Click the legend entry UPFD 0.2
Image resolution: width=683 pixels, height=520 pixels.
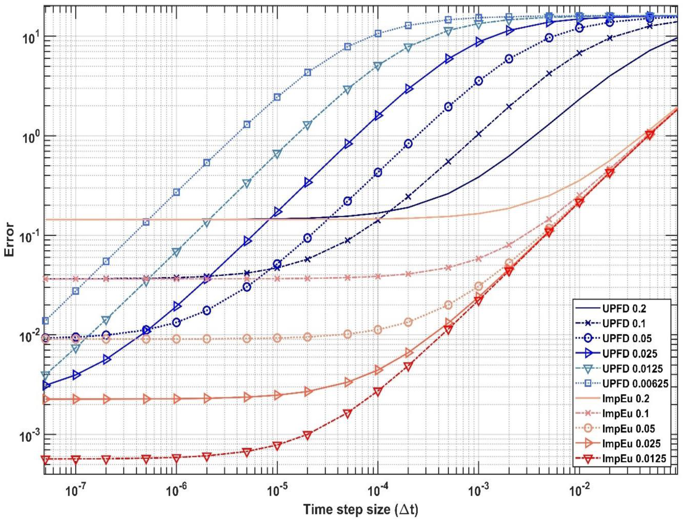click(624, 308)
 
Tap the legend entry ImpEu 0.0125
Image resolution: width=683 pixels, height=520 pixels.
click(634, 458)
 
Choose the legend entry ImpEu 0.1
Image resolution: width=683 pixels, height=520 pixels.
click(625, 413)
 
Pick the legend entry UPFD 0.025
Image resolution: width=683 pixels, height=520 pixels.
click(629, 353)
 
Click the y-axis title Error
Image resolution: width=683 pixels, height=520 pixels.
click(9, 239)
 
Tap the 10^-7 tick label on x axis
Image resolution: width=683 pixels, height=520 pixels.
click(76, 491)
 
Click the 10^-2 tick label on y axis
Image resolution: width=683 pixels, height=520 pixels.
click(30, 336)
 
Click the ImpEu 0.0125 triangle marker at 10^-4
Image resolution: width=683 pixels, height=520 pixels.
click(377, 392)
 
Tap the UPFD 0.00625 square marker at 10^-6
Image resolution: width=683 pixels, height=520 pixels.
click(176, 192)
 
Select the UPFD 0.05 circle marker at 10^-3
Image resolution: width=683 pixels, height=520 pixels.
click(478, 81)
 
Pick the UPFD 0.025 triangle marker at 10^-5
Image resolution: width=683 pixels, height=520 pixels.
click(278, 212)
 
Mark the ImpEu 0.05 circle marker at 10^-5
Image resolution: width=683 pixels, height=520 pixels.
click(277, 338)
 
